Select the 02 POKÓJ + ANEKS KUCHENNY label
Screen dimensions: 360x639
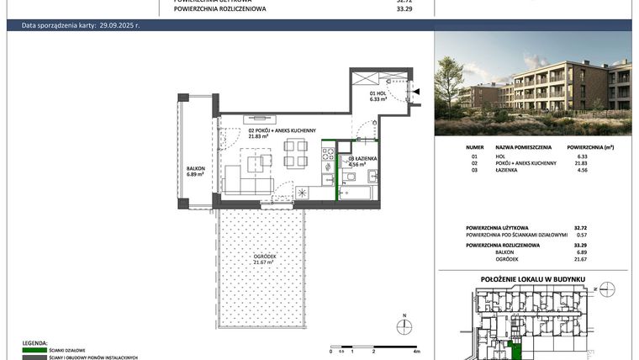(x=281, y=130)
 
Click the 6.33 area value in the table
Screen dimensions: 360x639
(x=579, y=155)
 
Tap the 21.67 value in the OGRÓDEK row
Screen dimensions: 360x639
(x=579, y=259)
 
